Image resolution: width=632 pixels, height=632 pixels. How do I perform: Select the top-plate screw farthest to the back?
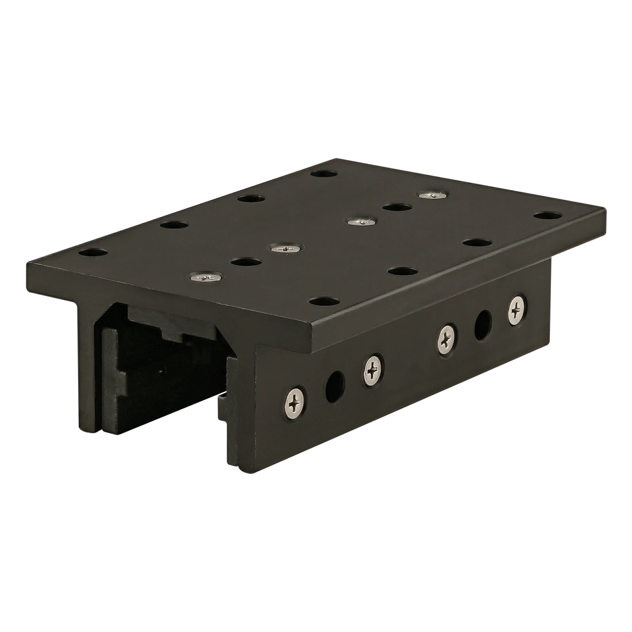coord(432,195)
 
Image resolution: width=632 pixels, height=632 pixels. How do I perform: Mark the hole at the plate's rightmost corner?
coord(546,215)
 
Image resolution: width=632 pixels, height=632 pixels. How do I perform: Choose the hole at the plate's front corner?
coord(323,300)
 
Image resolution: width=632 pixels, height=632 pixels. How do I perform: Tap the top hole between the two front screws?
coord(245,262)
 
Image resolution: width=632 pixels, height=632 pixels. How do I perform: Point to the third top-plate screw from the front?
coord(359,221)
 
